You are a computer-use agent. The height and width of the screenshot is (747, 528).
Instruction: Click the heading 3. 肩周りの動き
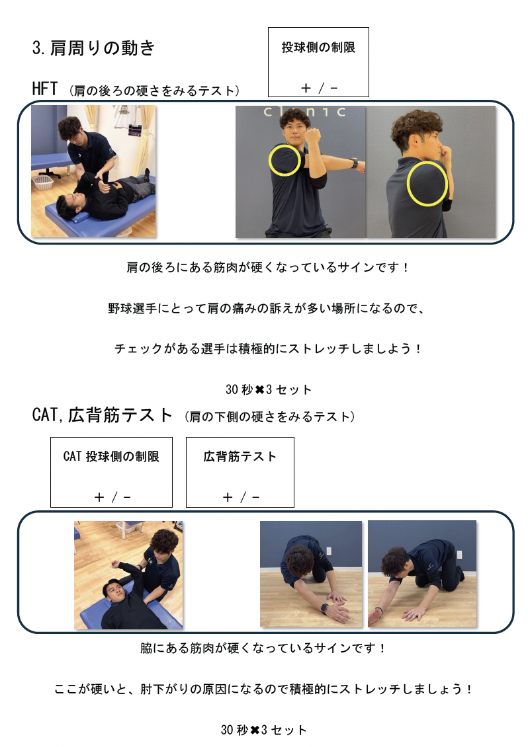(x=93, y=48)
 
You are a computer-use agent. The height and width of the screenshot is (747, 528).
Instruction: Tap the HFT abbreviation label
(x=45, y=89)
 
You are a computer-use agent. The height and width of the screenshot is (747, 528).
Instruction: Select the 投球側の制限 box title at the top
(x=318, y=47)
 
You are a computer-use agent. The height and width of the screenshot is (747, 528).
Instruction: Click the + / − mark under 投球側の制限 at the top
(x=319, y=88)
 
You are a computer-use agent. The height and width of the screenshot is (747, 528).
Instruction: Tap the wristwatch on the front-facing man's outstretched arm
(x=354, y=163)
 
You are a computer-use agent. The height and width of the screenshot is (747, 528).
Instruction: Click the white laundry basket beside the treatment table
(x=43, y=182)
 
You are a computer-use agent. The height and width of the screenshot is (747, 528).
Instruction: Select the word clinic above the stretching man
(x=304, y=112)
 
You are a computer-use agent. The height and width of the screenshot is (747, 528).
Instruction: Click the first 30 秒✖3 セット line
(x=269, y=390)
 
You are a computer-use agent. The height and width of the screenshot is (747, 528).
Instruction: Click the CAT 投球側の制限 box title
(x=111, y=456)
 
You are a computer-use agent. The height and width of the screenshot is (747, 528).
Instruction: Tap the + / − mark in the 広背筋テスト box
(x=241, y=497)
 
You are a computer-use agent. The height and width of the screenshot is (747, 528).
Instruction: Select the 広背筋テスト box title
(x=240, y=456)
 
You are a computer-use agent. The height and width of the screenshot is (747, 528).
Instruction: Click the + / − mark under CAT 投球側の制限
(x=112, y=497)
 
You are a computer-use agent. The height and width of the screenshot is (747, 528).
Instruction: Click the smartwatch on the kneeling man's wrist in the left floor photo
(x=325, y=608)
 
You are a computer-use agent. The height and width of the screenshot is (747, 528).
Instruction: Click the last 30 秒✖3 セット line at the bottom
(x=264, y=730)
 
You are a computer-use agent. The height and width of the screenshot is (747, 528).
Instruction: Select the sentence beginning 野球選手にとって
(x=266, y=308)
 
